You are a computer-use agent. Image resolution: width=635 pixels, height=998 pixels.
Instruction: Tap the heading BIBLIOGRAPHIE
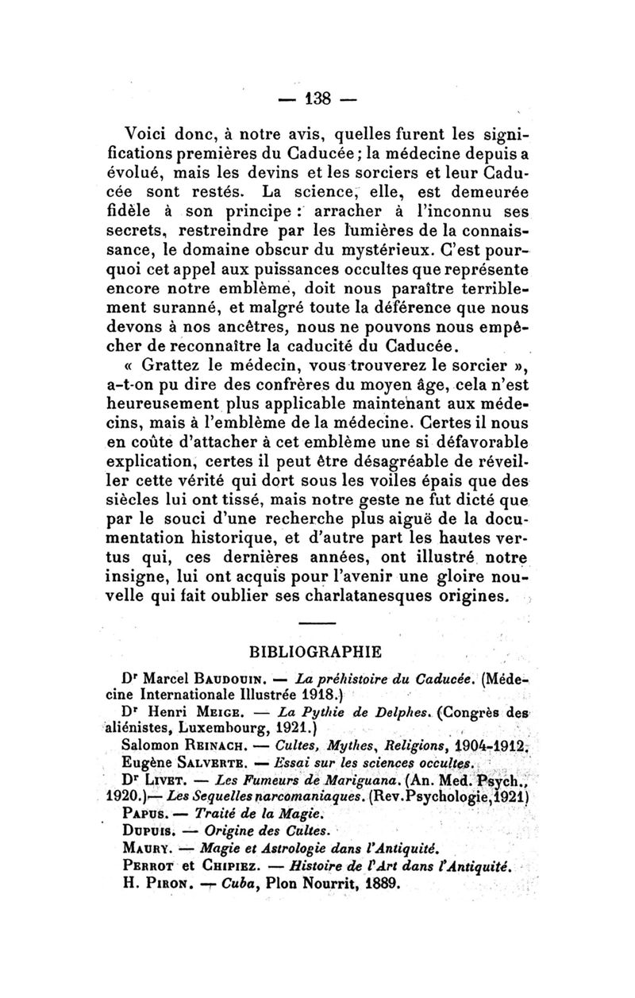coord(317,652)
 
